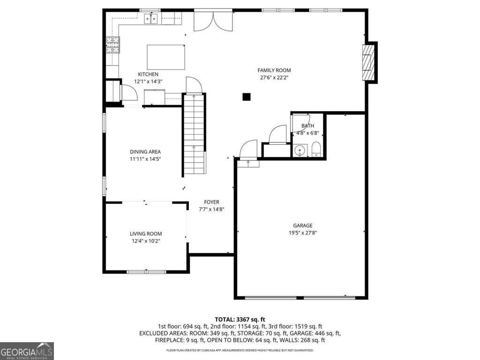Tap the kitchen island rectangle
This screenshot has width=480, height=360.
click(x=166, y=57)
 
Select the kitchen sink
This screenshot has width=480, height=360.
click(x=151, y=19)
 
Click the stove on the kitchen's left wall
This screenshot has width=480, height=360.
click(x=112, y=45)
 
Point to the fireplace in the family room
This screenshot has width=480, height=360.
click(x=369, y=62)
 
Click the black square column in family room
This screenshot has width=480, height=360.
click(x=247, y=97)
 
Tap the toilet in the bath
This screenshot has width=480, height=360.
click(x=315, y=150)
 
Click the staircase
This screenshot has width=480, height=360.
click(x=194, y=134)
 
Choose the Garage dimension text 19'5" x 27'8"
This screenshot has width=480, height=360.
click(x=303, y=232)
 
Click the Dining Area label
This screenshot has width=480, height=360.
click(x=145, y=151)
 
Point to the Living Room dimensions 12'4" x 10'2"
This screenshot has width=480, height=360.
click(x=146, y=241)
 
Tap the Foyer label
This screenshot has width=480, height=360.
click(x=211, y=202)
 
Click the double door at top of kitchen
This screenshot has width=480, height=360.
click(x=213, y=21)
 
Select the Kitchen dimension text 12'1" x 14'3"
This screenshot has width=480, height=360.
click(x=148, y=82)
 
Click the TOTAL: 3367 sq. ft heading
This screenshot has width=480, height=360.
click(x=240, y=319)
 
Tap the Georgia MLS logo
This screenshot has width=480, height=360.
click(x=27, y=351)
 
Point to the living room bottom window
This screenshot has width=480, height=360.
click(x=146, y=271)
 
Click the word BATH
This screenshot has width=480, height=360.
click(x=307, y=126)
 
